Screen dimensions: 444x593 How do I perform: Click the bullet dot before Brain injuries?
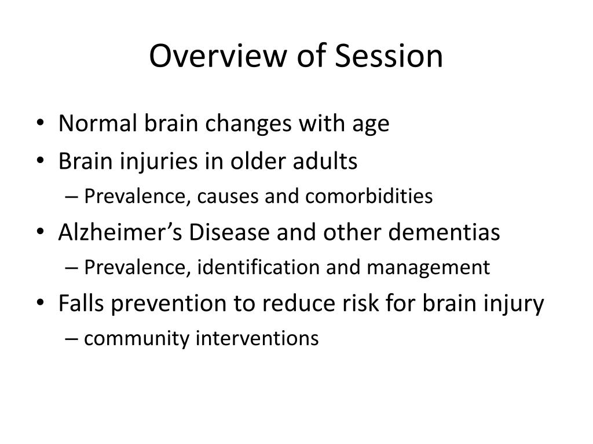coord(46,162)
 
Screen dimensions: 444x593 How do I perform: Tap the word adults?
coord(329,162)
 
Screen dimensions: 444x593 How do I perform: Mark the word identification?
coord(252,267)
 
